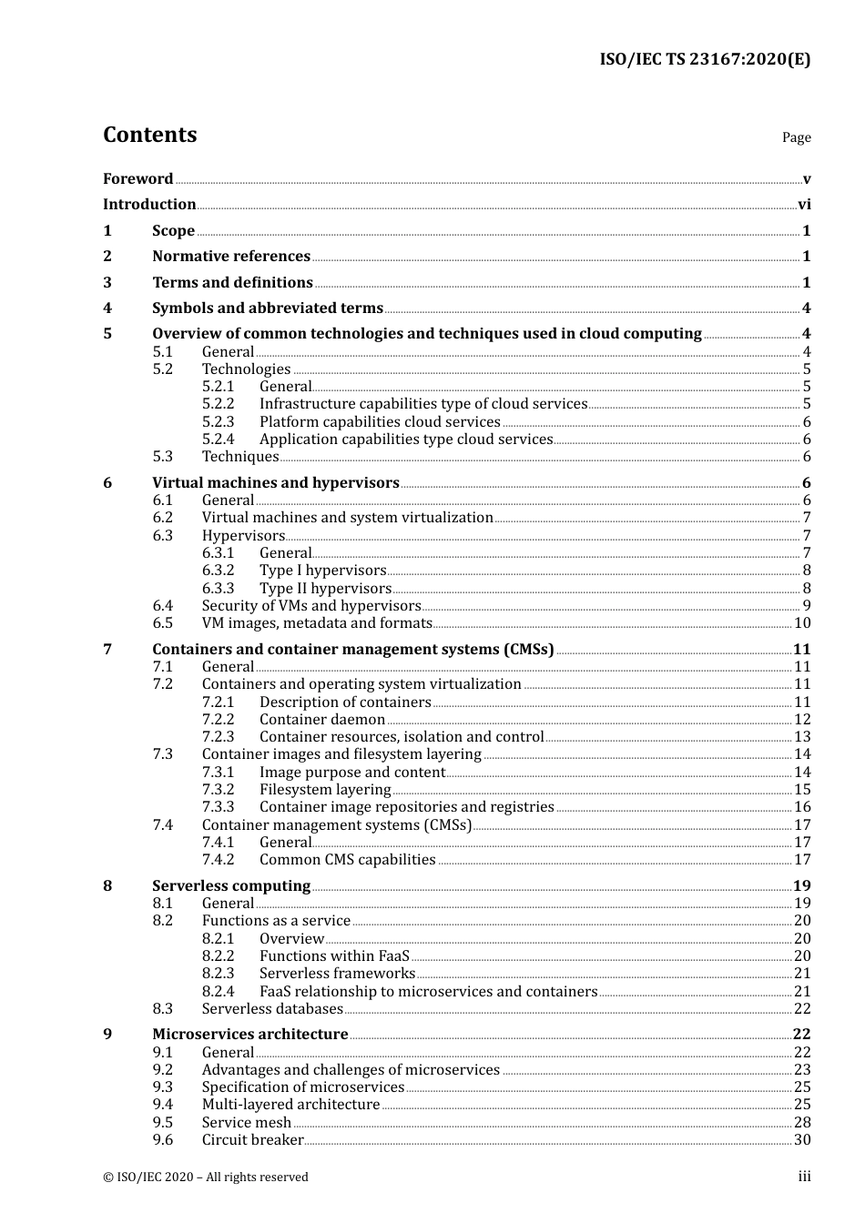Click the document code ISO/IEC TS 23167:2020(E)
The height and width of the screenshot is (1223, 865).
click(704, 60)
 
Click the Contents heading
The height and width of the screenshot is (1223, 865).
click(149, 135)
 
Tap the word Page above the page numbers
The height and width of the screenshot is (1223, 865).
click(796, 137)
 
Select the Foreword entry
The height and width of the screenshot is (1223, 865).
click(137, 179)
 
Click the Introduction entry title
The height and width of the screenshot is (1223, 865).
click(149, 205)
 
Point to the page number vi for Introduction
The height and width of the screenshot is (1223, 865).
click(804, 205)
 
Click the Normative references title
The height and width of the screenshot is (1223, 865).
click(231, 257)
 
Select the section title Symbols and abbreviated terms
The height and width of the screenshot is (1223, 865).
click(268, 308)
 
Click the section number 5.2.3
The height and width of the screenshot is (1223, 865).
click(218, 422)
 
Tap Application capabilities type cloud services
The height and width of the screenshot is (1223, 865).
click(406, 440)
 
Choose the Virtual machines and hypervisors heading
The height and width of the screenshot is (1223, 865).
click(276, 483)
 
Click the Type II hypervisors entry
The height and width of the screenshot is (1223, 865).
click(325, 589)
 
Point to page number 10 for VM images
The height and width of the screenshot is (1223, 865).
click(802, 623)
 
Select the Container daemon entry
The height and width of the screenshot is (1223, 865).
click(322, 720)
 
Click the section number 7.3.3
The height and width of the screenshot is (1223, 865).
click(218, 807)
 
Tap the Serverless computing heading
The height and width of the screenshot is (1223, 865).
click(231, 886)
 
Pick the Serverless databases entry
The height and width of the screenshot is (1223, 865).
click(272, 1009)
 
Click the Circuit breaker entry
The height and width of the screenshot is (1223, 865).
click(252, 1140)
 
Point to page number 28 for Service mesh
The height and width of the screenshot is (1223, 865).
click(802, 1123)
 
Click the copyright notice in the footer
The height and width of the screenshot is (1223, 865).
click(206, 1178)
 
